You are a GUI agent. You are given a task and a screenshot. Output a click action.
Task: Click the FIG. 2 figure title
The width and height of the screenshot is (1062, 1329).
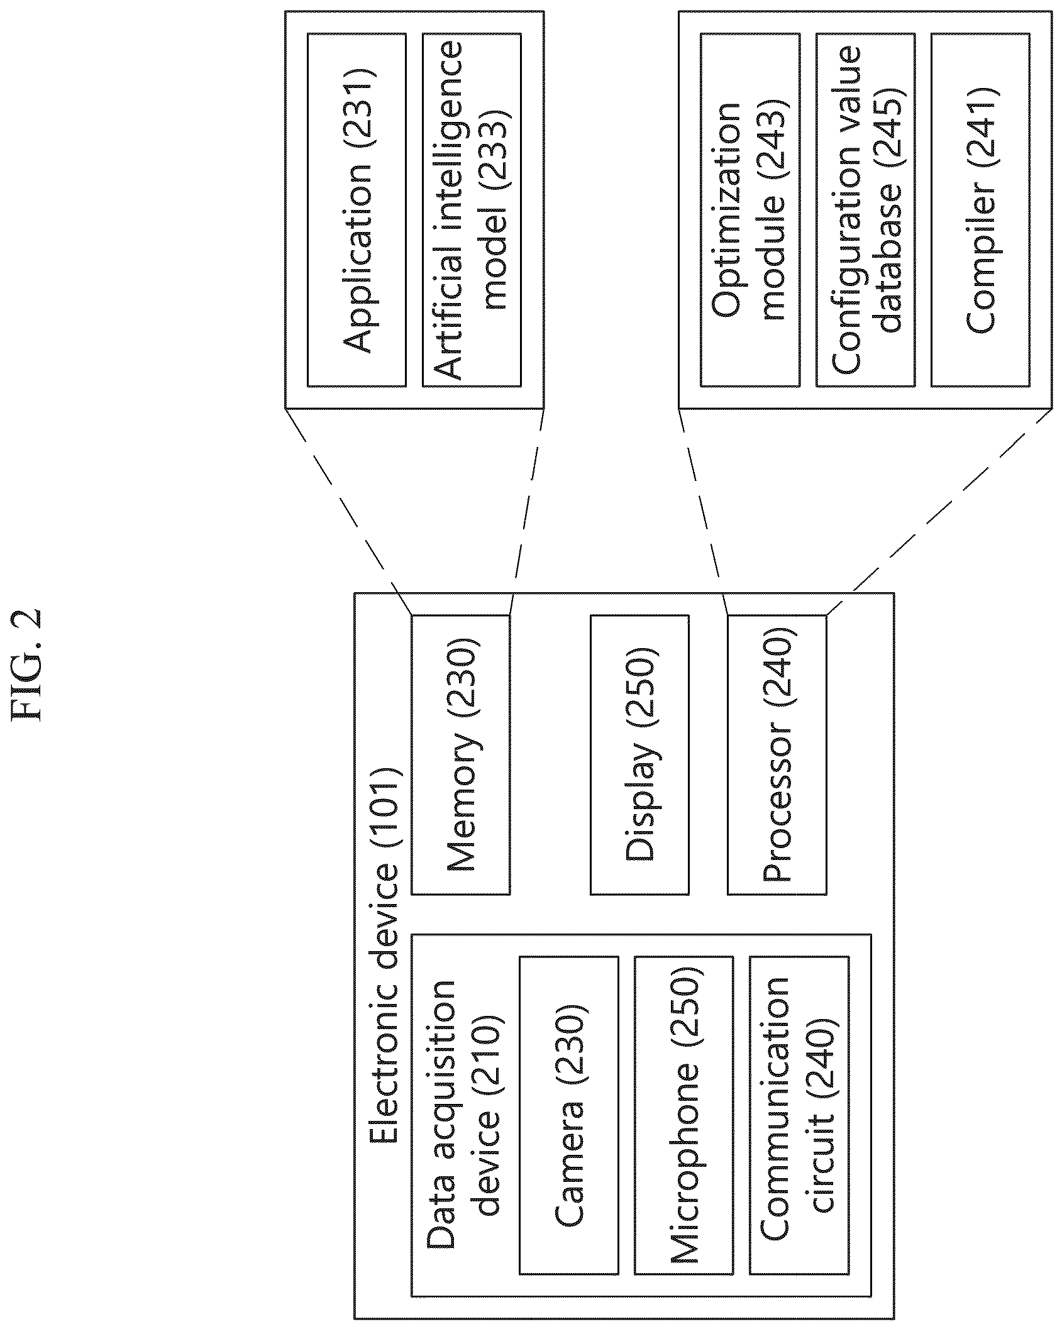(x=28, y=664)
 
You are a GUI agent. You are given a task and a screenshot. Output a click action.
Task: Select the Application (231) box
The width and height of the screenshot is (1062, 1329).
(x=357, y=209)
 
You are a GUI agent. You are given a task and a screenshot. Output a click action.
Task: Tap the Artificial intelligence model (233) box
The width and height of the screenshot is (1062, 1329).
(x=472, y=209)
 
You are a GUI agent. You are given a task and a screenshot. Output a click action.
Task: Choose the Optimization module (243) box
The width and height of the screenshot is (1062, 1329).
(x=750, y=209)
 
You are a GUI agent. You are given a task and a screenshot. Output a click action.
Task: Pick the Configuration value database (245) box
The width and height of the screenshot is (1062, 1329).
(x=865, y=209)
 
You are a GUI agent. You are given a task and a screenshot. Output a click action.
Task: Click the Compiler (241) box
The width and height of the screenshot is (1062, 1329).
(x=980, y=209)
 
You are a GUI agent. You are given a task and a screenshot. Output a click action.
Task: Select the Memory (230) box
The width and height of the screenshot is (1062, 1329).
(x=460, y=754)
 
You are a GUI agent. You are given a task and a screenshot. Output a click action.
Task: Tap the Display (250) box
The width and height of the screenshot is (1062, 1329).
(x=639, y=754)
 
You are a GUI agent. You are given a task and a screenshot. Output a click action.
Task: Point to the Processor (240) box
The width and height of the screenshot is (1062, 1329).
(x=777, y=754)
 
